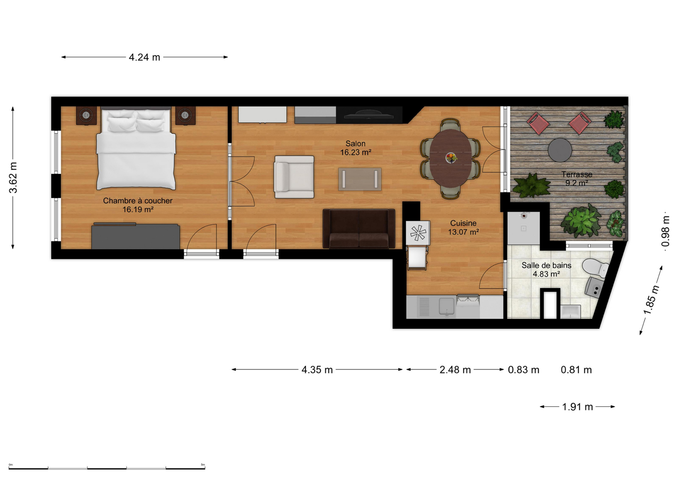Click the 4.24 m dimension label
pyautogui.click(x=144, y=57)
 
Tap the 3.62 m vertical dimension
pyautogui.click(x=13, y=178)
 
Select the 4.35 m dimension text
pyautogui.click(x=317, y=370)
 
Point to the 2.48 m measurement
pyautogui.click(x=455, y=370)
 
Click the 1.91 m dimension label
pyautogui.click(x=577, y=407)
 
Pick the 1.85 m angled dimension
pyautogui.click(x=651, y=300)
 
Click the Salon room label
pyautogui.click(x=356, y=148)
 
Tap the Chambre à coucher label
pyautogui.click(x=138, y=205)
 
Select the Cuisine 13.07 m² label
pyautogui.click(x=463, y=228)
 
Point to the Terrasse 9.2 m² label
pyautogui.click(x=577, y=178)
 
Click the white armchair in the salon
pyautogui.click(x=293, y=177)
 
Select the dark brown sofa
pyautogui.click(x=359, y=229)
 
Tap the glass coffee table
pyautogui.click(x=360, y=179)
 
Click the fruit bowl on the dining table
pyautogui.click(x=451, y=158)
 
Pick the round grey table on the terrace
pyautogui.click(x=560, y=150)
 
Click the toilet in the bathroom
pyautogui.click(x=594, y=268)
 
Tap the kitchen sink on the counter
pyautogui.click(x=447, y=306)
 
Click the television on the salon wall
pyautogui.click(x=369, y=115)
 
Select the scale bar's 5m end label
pyautogui.click(x=203, y=464)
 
